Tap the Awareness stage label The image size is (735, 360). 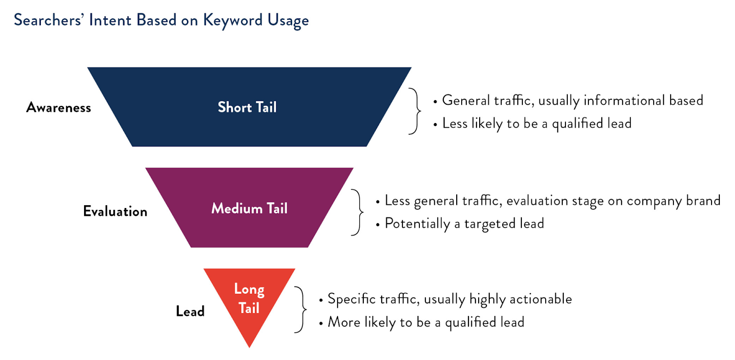coord(59,107)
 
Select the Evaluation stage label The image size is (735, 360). coord(115,211)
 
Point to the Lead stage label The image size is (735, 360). coord(190,311)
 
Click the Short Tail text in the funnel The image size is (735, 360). coord(248,107)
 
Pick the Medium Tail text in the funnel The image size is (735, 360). coord(249,208)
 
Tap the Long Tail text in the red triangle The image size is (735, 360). coord(249,298)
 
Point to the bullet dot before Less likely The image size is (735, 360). coord(435,125)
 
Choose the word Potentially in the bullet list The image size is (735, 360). coord(418,224)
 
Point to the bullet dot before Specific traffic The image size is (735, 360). coord(321,301)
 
